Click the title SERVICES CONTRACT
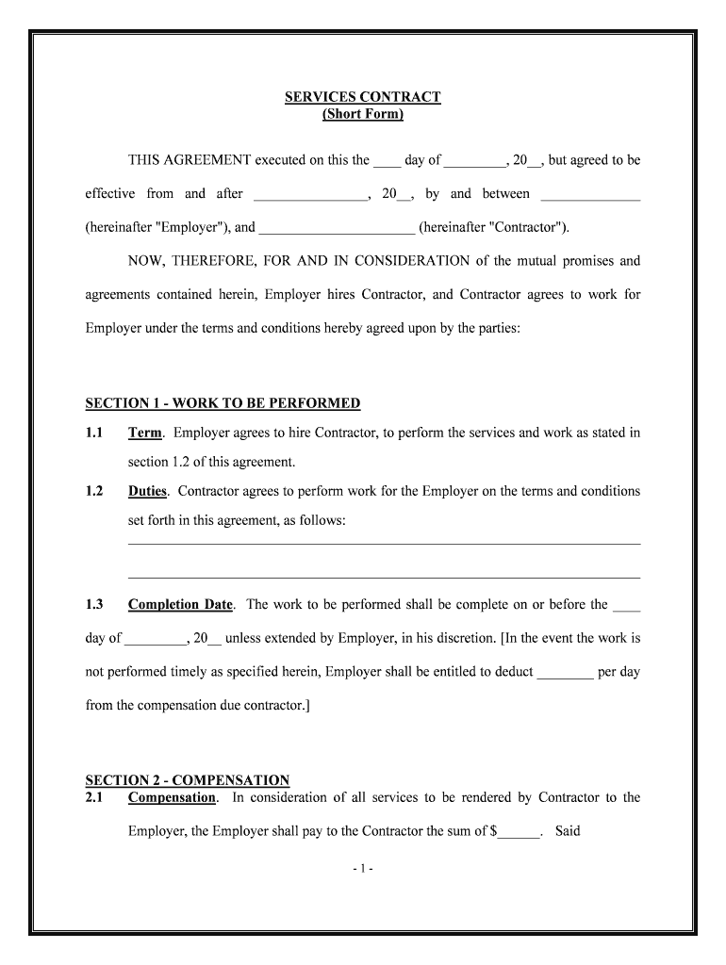[x=363, y=97]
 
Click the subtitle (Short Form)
[x=363, y=114]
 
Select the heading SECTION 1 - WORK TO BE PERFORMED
[x=223, y=403]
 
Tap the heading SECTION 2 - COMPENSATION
[x=188, y=780]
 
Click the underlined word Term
[x=145, y=433]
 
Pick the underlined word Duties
[x=147, y=491]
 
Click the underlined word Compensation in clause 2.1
[x=172, y=797]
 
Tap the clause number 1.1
[x=94, y=433]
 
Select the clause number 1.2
[x=94, y=491]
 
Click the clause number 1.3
[x=94, y=604]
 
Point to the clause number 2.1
[x=94, y=797]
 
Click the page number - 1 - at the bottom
[x=363, y=869]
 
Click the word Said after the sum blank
[x=568, y=830]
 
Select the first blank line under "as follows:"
[x=384, y=543]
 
